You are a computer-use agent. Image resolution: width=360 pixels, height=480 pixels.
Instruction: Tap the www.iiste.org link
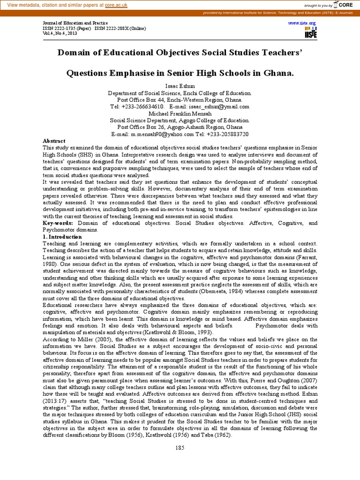pos(302,22)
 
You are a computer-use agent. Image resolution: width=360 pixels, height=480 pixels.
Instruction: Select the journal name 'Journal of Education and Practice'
pos(75,22)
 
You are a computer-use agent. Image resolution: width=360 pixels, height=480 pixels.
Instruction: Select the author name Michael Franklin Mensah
pos(180,113)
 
